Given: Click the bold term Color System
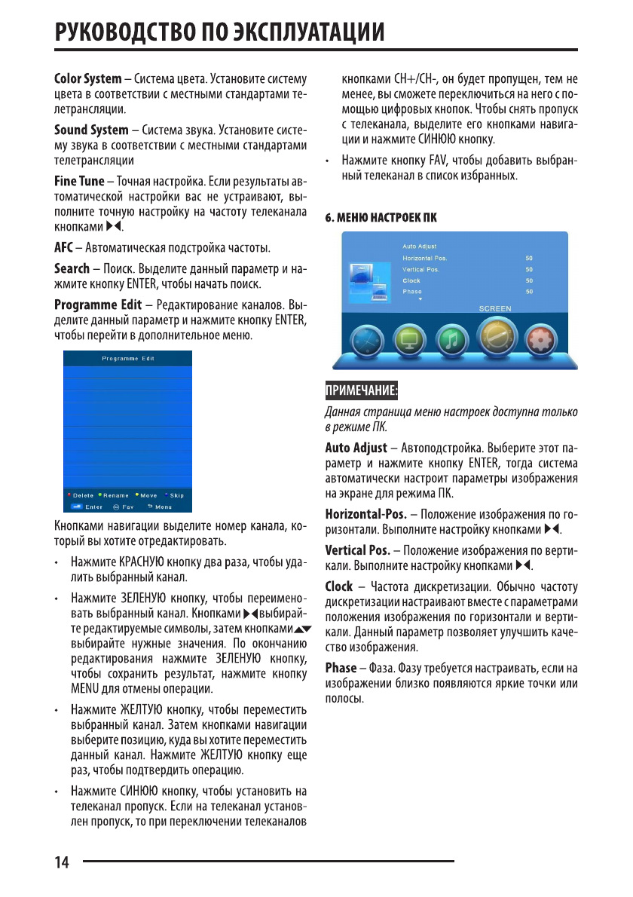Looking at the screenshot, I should [x=87, y=78].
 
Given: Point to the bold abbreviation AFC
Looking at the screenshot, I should [x=63, y=246].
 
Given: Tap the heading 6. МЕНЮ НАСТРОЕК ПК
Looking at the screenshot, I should [x=381, y=217].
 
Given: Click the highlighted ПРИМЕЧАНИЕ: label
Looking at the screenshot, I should [x=361, y=390].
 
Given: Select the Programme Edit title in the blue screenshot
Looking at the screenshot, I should [x=128, y=359].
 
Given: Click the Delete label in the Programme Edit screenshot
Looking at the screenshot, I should [x=83, y=495].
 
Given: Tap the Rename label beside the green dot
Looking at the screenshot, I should [x=116, y=495].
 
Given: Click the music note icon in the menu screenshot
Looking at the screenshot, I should [x=449, y=342].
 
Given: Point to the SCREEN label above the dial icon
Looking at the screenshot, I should [x=495, y=308].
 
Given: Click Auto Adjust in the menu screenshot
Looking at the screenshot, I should [x=419, y=246].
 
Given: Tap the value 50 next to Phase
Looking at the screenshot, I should [x=529, y=291].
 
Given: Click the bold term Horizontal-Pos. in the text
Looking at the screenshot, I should [x=365, y=514].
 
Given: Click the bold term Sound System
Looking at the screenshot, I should [x=91, y=130].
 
